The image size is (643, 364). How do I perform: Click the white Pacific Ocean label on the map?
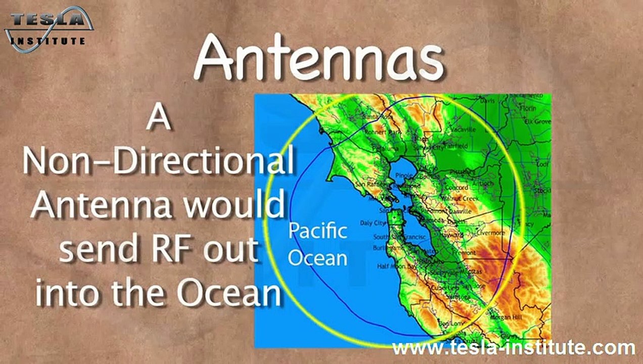click(x=317, y=244)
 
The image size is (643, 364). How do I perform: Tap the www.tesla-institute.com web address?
click(x=513, y=348)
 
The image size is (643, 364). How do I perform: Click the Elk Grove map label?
click(x=536, y=122)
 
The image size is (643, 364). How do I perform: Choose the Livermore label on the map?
click(x=490, y=233)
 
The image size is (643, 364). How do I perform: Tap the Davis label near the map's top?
click(x=487, y=101)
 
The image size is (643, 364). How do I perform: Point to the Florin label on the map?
click(x=528, y=108)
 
